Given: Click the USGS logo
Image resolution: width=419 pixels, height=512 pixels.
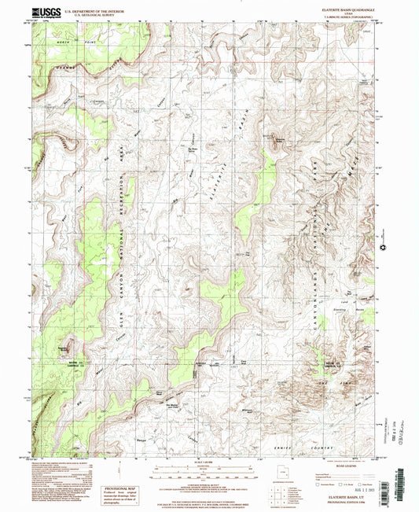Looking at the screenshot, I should pos(44,13).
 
